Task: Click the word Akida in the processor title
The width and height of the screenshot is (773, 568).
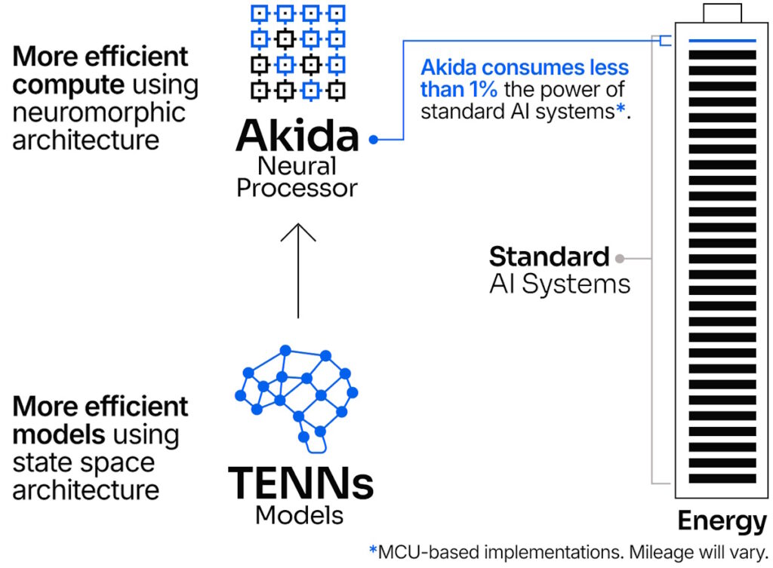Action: click(x=297, y=136)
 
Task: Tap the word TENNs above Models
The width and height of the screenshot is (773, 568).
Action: click(x=300, y=484)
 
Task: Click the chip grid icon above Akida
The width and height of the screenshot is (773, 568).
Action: click(x=297, y=51)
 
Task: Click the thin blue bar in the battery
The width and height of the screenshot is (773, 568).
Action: click(x=722, y=41)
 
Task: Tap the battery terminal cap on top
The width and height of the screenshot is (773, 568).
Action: click(x=722, y=13)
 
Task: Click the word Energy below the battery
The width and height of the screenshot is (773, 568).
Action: click(x=722, y=520)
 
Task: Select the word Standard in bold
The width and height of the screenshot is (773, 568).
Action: click(x=549, y=257)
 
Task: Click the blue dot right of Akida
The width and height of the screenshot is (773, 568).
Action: click(x=373, y=140)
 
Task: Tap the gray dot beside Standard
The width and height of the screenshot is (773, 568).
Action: click(x=620, y=258)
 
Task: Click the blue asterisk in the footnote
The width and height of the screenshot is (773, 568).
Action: click(x=372, y=551)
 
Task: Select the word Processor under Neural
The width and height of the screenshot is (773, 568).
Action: click(x=297, y=187)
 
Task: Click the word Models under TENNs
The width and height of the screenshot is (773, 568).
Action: click(x=300, y=515)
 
